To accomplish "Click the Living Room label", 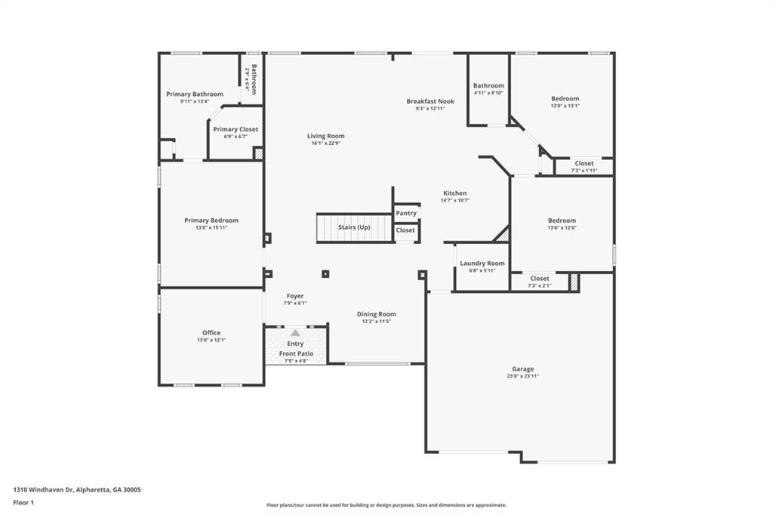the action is click(x=326, y=136).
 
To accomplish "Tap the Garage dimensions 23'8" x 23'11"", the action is click(x=522, y=376).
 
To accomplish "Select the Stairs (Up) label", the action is click(x=354, y=227).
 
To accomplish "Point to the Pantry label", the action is click(x=406, y=213).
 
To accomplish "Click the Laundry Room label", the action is click(x=482, y=264).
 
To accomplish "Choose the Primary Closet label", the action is click(x=236, y=129).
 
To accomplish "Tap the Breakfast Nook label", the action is click(x=430, y=101).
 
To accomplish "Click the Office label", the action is click(x=211, y=333).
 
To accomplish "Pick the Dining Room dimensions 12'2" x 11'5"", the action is click(x=376, y=321).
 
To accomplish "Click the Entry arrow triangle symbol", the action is click(x=295, y=333).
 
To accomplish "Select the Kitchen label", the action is click(x=454, y=193).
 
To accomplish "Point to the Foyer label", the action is click(x=295, y=296).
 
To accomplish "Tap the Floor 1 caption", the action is click(x=23, y=503).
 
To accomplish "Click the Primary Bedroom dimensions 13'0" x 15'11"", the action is click(x=211, y=227).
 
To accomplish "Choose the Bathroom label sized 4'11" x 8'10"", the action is click(x=488, y=85).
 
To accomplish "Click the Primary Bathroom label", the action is click(x=195, y=94).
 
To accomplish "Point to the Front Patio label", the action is click(x=296, y=353).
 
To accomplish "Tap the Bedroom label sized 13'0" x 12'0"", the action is click(x=562, y=220).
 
